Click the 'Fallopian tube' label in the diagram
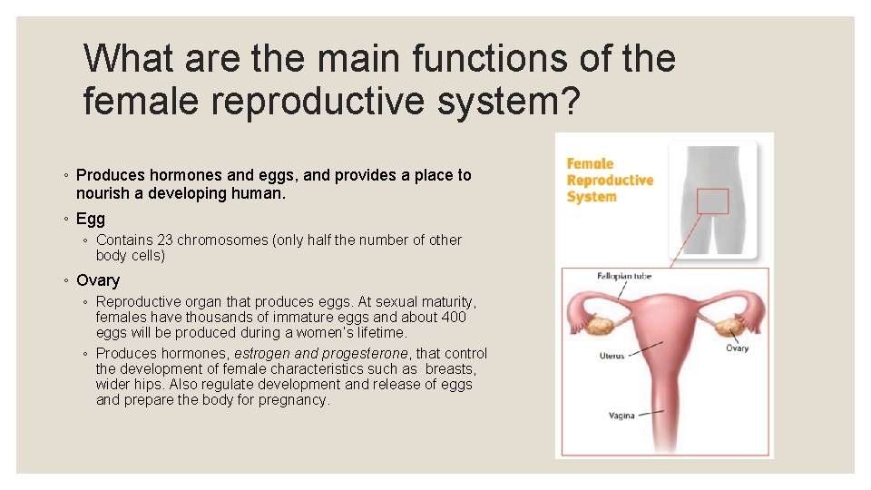pyautogui.click(x=624, y=275)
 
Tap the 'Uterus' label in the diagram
pyautogui.click(x=612, y=356)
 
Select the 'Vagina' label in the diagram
pyautogui.click(x=621, y=416)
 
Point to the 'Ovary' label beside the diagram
pyautogui.click(x=738, y=348)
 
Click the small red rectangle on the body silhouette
pyautogui.click(x=713, y=201)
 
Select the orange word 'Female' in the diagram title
pyautogui.click(x=591, y=164)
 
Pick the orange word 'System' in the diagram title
pyautogui.click(x=592, y=197)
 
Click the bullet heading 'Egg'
pyautogui.click(x=91, y=219)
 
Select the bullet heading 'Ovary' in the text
pyautogui.click(x=98, y=280)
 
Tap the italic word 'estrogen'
pyautogui.click(x=262, y=353)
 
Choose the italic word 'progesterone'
pyautogui.click(x=366, y=353)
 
